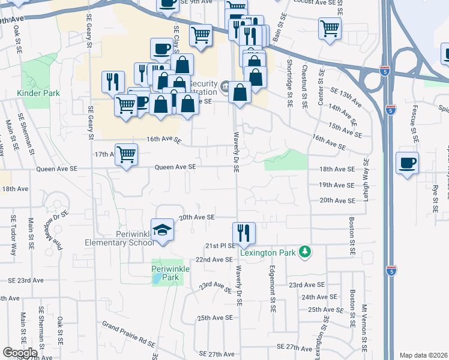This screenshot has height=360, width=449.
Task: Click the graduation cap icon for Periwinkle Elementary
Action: pos(161,230)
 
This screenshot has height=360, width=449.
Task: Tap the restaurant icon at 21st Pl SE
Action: pos(244,233)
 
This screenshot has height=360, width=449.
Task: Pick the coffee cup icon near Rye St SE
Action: pos(407,163)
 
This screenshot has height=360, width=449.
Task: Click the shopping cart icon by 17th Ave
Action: pos(126,155)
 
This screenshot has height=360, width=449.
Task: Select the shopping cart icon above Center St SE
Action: pos(330,28)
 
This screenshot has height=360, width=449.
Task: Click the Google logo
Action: pos(20,353)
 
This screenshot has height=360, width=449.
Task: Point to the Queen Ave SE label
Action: pos(176,167)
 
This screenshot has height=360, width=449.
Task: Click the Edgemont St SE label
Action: pos(272,288)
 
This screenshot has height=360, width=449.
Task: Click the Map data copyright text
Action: pos(424,355)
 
